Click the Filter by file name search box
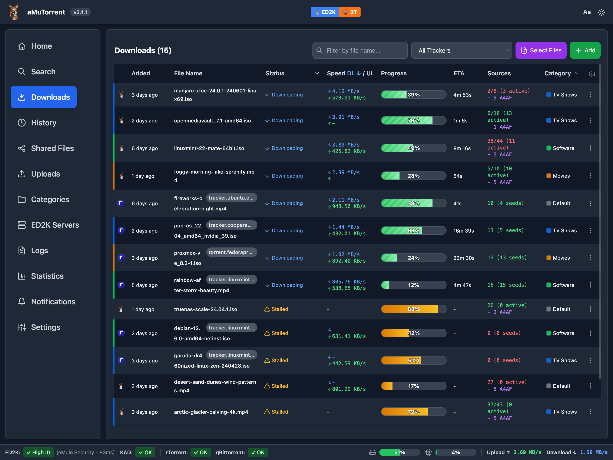tap(360, 50)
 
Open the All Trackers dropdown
tap(461, 50)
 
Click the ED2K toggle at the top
tap(325, 12)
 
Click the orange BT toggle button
tap(350, 12)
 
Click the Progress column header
tap(394, 73)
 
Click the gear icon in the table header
tap(592, 74)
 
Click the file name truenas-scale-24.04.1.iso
tap(206, 309)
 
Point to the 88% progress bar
tap(414, 309)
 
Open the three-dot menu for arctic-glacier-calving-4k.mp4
tap(590, 412)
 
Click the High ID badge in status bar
tap(39, 452)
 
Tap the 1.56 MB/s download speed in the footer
tap(594, 452)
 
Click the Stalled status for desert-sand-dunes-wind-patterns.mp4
tap(276, 386)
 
